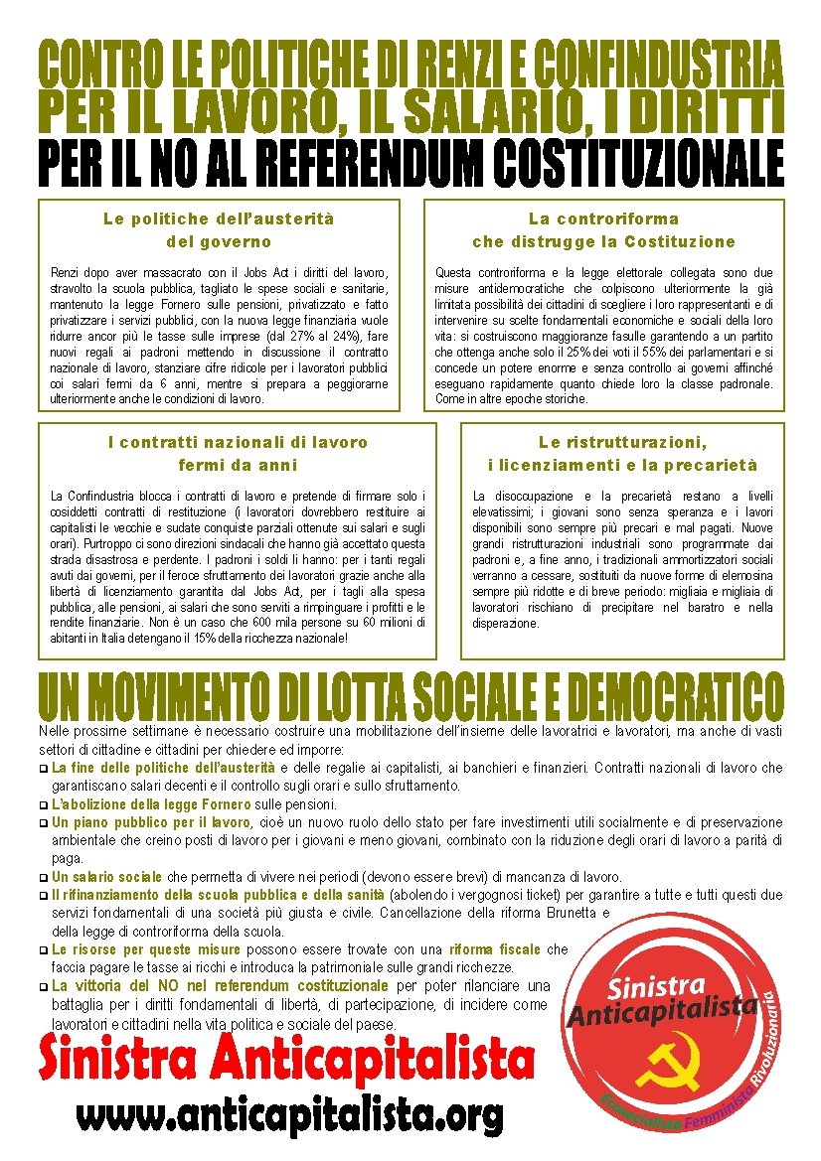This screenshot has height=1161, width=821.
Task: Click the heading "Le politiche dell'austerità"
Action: pos(219,218)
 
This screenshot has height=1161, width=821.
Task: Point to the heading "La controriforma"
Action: pos(603,218)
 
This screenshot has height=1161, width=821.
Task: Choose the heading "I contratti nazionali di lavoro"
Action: pos(238,442)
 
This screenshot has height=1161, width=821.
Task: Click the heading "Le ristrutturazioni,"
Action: pos(622,442)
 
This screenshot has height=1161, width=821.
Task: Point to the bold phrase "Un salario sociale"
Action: pos(106,877)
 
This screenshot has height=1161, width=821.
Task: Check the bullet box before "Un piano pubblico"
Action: pos(43,824)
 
